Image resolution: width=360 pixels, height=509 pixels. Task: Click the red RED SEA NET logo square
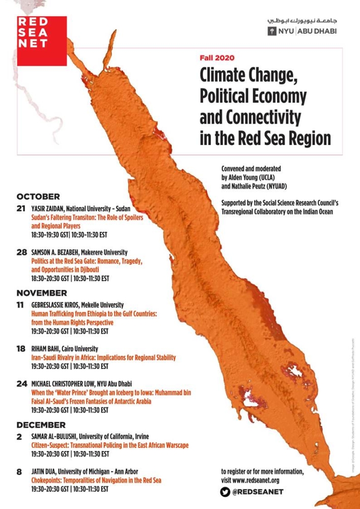click(x=42, y=41)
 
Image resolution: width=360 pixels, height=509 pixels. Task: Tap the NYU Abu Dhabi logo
click(x=302, y=31)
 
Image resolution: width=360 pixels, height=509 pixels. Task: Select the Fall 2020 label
click(x=217, y=58)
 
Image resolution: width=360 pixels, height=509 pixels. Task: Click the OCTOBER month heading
click(x=38, y=196)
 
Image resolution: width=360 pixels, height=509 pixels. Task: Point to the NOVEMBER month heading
click(x=42, y=293)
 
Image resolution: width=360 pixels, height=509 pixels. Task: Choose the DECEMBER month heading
click(x=41, y=425)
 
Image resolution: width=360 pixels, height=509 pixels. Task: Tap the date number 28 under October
click(x=21, y=252)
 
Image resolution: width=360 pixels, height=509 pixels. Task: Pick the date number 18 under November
click(x=21, y=350)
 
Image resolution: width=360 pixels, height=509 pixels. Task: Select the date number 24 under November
click(x=21, y=384)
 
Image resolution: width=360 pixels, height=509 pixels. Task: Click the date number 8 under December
click(x=19, y=472)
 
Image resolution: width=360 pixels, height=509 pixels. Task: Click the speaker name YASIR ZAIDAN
click(x=47, y=209)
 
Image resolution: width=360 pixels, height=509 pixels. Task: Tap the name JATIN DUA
click(x=45, y=472)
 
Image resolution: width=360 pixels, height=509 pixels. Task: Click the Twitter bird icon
click(x=226, y=492)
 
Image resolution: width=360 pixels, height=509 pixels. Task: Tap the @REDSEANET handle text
click(x=258, y=492)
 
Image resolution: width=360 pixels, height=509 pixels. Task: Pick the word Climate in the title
click(x=229, y=75)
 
